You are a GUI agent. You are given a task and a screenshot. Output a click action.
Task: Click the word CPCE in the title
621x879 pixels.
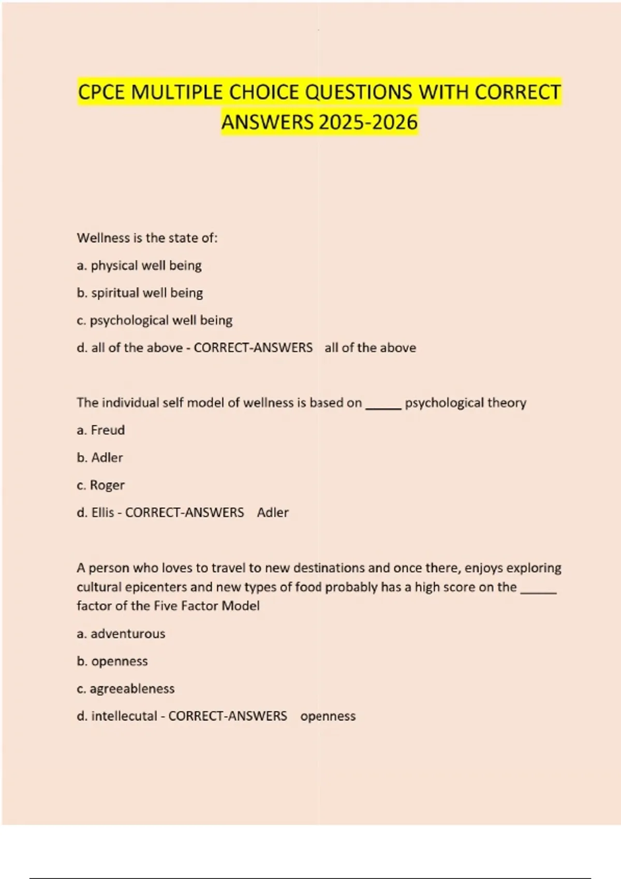click(101, 93)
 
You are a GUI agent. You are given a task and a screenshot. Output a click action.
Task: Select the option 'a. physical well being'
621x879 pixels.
click(139, 266)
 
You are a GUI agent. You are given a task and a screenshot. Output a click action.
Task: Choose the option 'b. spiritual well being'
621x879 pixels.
click(140, 293)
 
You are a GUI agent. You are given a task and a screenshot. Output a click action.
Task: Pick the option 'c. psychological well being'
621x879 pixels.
click(154, 321)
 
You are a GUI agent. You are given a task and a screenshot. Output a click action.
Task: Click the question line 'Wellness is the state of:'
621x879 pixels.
click(147, 238)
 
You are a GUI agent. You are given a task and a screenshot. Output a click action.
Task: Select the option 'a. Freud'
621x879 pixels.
click(100, 430)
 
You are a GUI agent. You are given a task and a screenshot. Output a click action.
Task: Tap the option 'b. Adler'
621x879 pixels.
click(99, 458)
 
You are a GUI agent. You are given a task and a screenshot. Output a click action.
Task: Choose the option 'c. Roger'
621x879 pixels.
click(100, 485)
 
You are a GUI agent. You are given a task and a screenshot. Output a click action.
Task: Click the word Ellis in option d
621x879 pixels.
click(102, 512)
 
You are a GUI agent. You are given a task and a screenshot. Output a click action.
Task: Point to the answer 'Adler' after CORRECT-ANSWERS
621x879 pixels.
click(273, 512)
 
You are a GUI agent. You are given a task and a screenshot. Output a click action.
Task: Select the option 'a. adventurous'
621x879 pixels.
click(121, 634)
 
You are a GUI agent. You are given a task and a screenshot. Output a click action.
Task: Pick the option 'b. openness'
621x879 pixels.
click(112, 661)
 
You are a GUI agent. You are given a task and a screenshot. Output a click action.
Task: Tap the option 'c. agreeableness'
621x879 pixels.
click(125, 689)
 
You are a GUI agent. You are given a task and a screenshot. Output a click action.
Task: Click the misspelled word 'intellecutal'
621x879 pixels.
click(124, 716)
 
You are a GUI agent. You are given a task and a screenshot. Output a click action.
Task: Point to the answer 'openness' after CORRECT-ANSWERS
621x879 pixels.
click(328, 716)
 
